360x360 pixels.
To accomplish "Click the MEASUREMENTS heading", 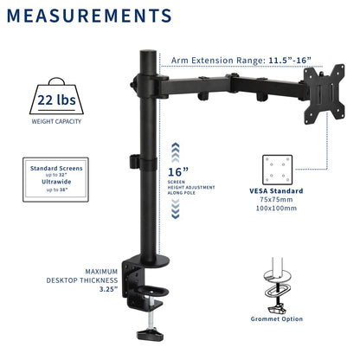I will click(89, 16).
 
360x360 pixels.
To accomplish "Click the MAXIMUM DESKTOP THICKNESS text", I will click(94, 280).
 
